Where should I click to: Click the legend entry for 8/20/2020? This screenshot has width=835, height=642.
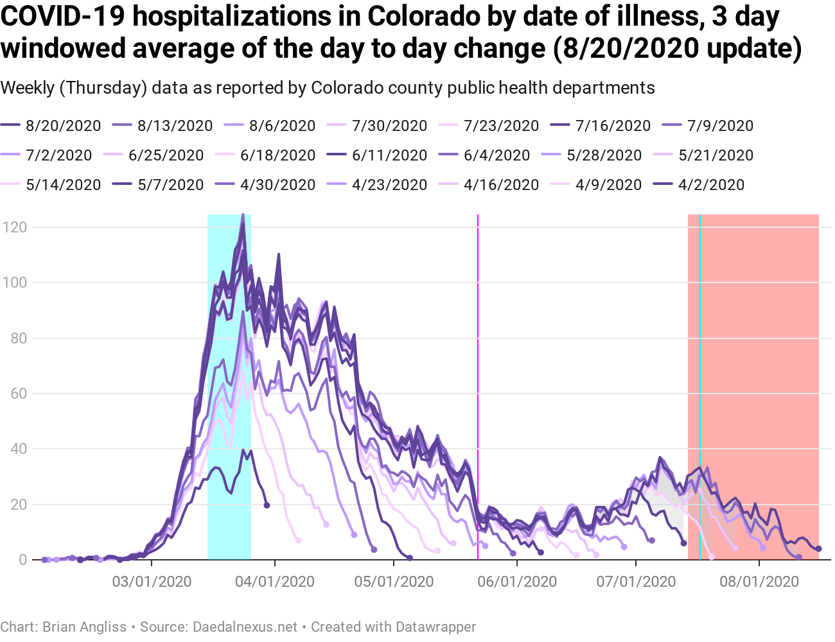63,126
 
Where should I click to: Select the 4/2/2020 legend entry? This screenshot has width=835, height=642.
711,185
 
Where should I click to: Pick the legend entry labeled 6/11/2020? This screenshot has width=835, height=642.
390,155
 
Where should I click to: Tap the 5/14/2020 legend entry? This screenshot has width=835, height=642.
63,185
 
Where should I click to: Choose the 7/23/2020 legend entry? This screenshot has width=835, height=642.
501,126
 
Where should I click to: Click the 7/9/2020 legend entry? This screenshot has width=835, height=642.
720,126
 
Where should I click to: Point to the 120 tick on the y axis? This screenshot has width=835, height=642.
15,227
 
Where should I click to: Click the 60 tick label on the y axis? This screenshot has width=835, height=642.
19,394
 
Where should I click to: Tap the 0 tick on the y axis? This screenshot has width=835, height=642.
23,560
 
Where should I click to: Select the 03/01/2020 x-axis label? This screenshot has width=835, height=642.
152,582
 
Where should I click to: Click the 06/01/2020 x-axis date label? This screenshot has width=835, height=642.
517,582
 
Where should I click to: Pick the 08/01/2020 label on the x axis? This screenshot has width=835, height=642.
759,582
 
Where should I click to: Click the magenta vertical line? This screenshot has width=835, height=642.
478,385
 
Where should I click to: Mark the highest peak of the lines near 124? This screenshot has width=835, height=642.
243,216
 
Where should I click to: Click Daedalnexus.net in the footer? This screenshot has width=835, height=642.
245,627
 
